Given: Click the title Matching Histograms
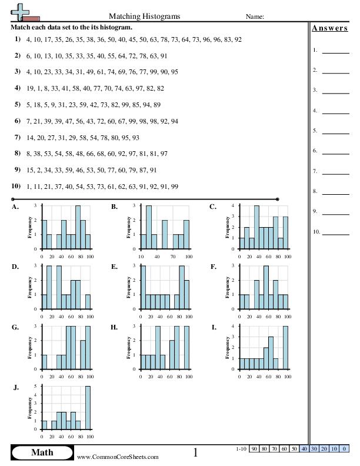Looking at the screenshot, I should click(x=145, y=16).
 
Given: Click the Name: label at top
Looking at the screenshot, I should click(x=255, y=17).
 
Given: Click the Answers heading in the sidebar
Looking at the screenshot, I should click(x=329, y=28).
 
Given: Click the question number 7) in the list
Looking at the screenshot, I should click(x=18, y=137).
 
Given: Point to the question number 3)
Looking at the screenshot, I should click(x=18, y=72).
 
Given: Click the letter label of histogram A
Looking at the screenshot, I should click(x=15, y=207).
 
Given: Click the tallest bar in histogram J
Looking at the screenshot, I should click(x=88, y=407).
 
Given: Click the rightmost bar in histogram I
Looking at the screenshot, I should click(x=286, y=348).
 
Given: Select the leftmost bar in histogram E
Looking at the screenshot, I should click(x=143, y=287).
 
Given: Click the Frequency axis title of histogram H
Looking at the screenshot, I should click(x=128, y=348).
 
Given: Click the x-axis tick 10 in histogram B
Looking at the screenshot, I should click(x=141, y=256).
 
